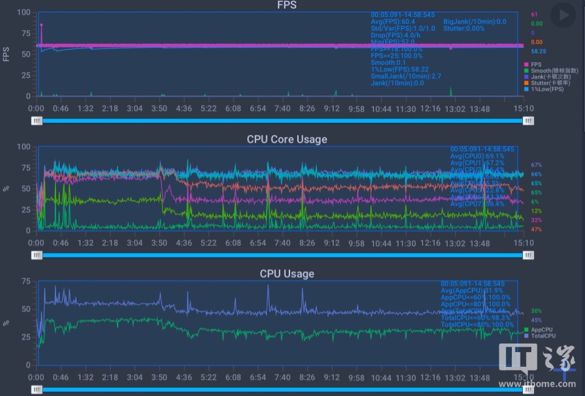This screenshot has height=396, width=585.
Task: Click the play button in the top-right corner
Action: click(x=562, y=14)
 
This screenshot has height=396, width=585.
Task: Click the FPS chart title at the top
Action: click(x=287, y=5)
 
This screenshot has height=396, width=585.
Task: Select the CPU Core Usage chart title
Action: click(x=287, y=140)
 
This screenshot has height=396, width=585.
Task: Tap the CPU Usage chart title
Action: click(x=287, y=274)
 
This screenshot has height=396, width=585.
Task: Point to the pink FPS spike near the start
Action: click(x=41, y=26)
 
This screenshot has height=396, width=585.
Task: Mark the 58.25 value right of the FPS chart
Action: click(x=538, y=52)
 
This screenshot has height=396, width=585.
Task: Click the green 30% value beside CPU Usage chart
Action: click(x=536, y=311)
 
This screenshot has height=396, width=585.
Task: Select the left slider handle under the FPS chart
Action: click(x=38, y=121)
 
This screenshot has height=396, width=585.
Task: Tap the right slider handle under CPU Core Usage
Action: click(x=528, y=255)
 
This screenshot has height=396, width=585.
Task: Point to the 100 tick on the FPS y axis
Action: click(x=23, y=12)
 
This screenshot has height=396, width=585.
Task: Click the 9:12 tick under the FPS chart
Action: click(x=331, y=109)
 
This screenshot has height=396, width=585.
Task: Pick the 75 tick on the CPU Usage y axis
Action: click(x=26, y=281)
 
